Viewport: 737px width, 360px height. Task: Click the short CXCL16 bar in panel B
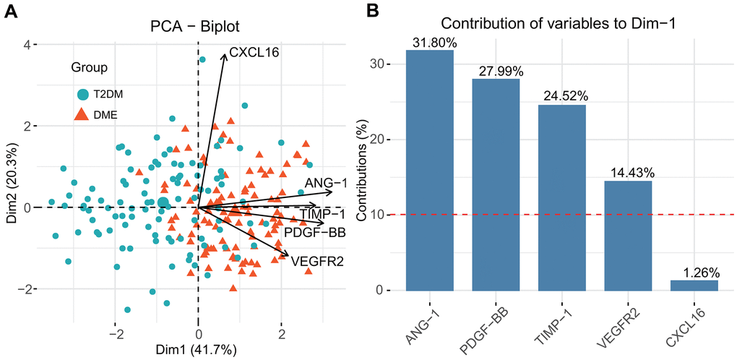click(x=694, y=286)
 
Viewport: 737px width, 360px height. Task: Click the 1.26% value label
click(x=694, y=273)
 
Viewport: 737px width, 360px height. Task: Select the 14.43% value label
click(x=627, y=173)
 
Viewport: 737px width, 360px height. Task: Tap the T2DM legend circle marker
click(x=83, y=95)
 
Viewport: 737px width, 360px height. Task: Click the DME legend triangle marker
click(x=83, y=113)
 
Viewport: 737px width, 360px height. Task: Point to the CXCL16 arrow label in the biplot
click(x=254, y=52)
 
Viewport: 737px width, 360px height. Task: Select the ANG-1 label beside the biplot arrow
click(x=325, y=182)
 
